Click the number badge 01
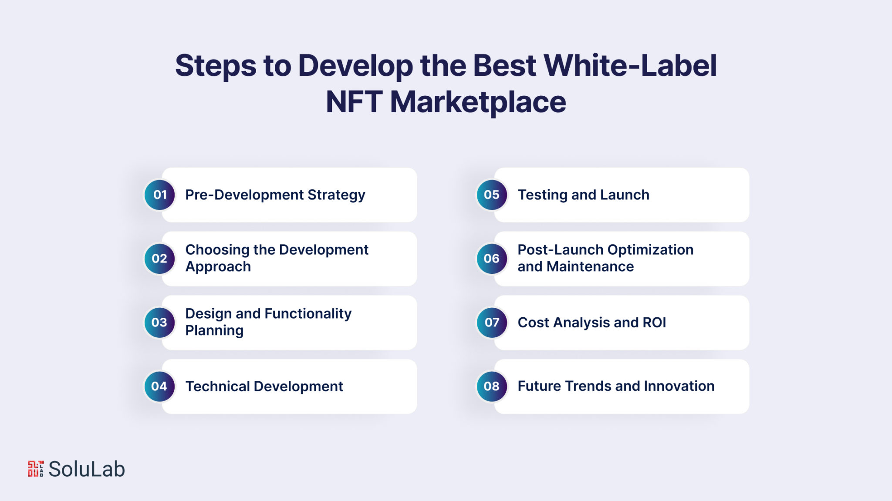160,195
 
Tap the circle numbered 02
160,259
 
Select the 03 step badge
160,323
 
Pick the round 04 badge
160,387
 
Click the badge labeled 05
492,195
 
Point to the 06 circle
492,259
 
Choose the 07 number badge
492,323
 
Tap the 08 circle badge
492,387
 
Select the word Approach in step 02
218,267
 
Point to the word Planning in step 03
214,331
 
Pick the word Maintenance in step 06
590,266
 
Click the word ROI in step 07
654,323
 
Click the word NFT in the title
353,102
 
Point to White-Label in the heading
630,66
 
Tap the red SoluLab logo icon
36,469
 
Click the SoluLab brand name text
87,469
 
